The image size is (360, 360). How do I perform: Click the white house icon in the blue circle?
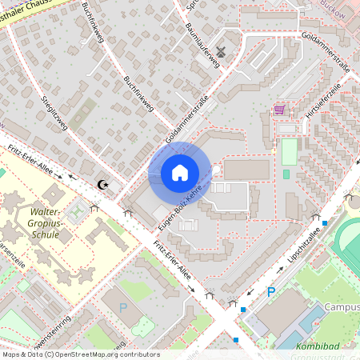point(180,172)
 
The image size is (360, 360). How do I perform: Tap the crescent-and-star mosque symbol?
point(102,185)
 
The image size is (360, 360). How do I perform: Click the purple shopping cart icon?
point(279,110)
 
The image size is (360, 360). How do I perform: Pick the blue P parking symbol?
point(271,293)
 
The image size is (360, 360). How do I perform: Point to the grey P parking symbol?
point(123,307)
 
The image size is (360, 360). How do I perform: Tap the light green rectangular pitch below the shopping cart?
point(289,151)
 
